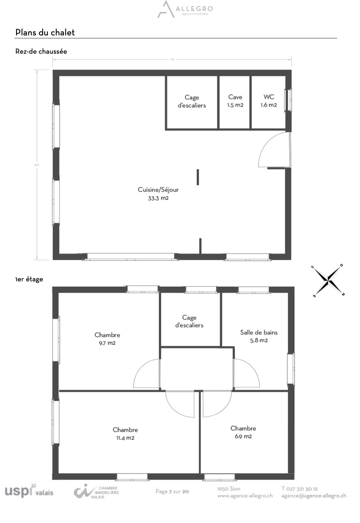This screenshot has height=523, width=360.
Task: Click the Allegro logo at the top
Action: point(185,9)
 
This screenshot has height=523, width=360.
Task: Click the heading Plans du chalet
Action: point(45,32)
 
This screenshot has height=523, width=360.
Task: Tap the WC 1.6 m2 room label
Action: point(269,101)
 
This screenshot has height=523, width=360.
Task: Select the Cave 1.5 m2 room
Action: point(235,102)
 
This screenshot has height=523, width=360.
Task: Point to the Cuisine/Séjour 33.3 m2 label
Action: point(158,194)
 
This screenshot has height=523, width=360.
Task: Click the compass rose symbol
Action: point(328,281)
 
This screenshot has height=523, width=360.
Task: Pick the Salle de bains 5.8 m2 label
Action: point(259,336)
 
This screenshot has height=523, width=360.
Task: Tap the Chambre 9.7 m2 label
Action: point(107,339)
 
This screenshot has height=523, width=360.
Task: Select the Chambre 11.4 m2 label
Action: point(125,434)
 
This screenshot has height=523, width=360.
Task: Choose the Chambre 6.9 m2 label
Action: point(243,432)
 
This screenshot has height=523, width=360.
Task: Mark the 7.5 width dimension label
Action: point(172,60)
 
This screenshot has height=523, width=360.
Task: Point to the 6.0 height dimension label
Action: point(37,165)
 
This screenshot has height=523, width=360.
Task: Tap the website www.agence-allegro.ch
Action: point(245,496)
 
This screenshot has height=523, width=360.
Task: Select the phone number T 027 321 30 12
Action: point(299,489)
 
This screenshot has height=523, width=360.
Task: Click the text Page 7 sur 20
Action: point(172,492)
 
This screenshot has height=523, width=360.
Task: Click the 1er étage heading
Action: point(29,279)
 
